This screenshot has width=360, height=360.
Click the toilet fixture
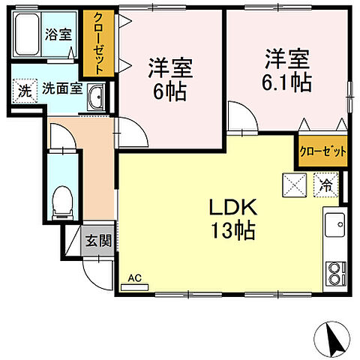63,201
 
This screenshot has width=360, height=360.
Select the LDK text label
227,207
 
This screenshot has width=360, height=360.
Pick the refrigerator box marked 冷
327,182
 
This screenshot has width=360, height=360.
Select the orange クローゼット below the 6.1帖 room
323,150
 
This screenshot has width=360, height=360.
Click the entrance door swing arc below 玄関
96,273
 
